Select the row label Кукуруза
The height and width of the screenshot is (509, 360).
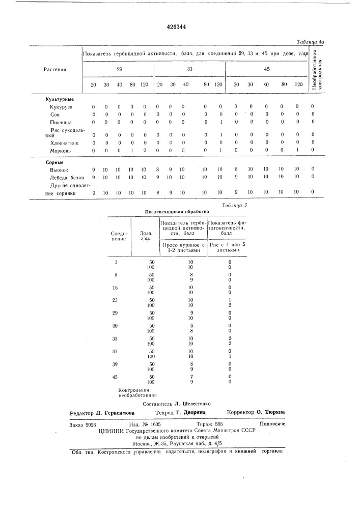click(62, 107)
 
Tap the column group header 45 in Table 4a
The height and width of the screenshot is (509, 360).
click(267, 69)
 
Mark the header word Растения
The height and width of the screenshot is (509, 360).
click(55, 69)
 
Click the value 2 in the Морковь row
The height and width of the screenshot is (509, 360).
click(145, 151)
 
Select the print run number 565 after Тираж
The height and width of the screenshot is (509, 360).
click(219, 423)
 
